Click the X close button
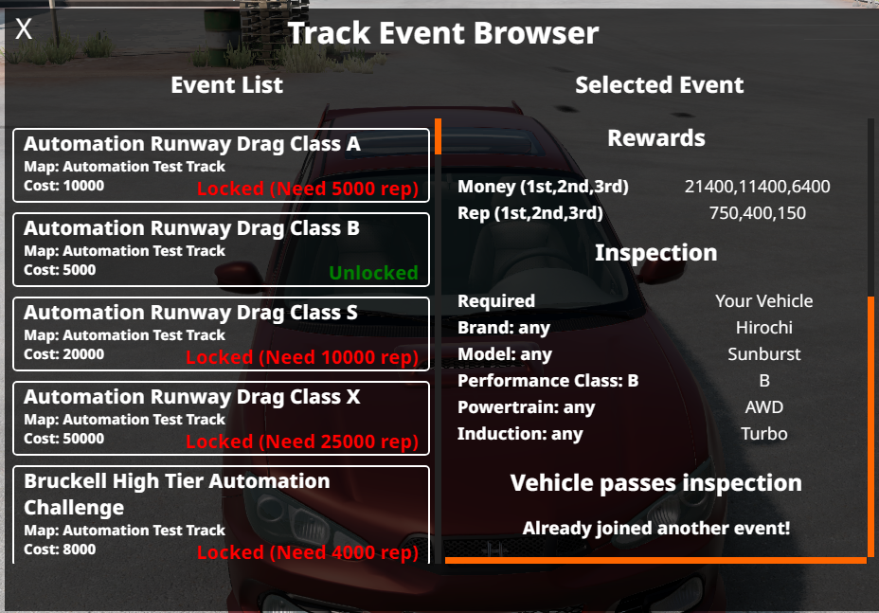tap(24, 28)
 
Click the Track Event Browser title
tap(443, 33)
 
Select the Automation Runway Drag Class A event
tap(221, 165)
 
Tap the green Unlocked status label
tap(373, 273)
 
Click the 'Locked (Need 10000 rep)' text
tap(302, 357)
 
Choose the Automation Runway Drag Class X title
tap(191, 397)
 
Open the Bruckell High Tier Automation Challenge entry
tap(221, 514)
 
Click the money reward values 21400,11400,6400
tap(757, 187)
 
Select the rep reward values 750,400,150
tap(757, 213)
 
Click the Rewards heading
tap(655, 138)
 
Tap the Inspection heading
tap(655, 253)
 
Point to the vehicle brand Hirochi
tap(764, 328)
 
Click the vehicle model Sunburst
tap(764, 354)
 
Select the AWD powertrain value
tap(764, 407)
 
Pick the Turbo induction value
tap(764, 434)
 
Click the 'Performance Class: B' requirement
tap(547, 381)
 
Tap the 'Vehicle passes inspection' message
tap(655, 483)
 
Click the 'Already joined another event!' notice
tap(655, 529)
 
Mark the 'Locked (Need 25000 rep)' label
tap(302, 442)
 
